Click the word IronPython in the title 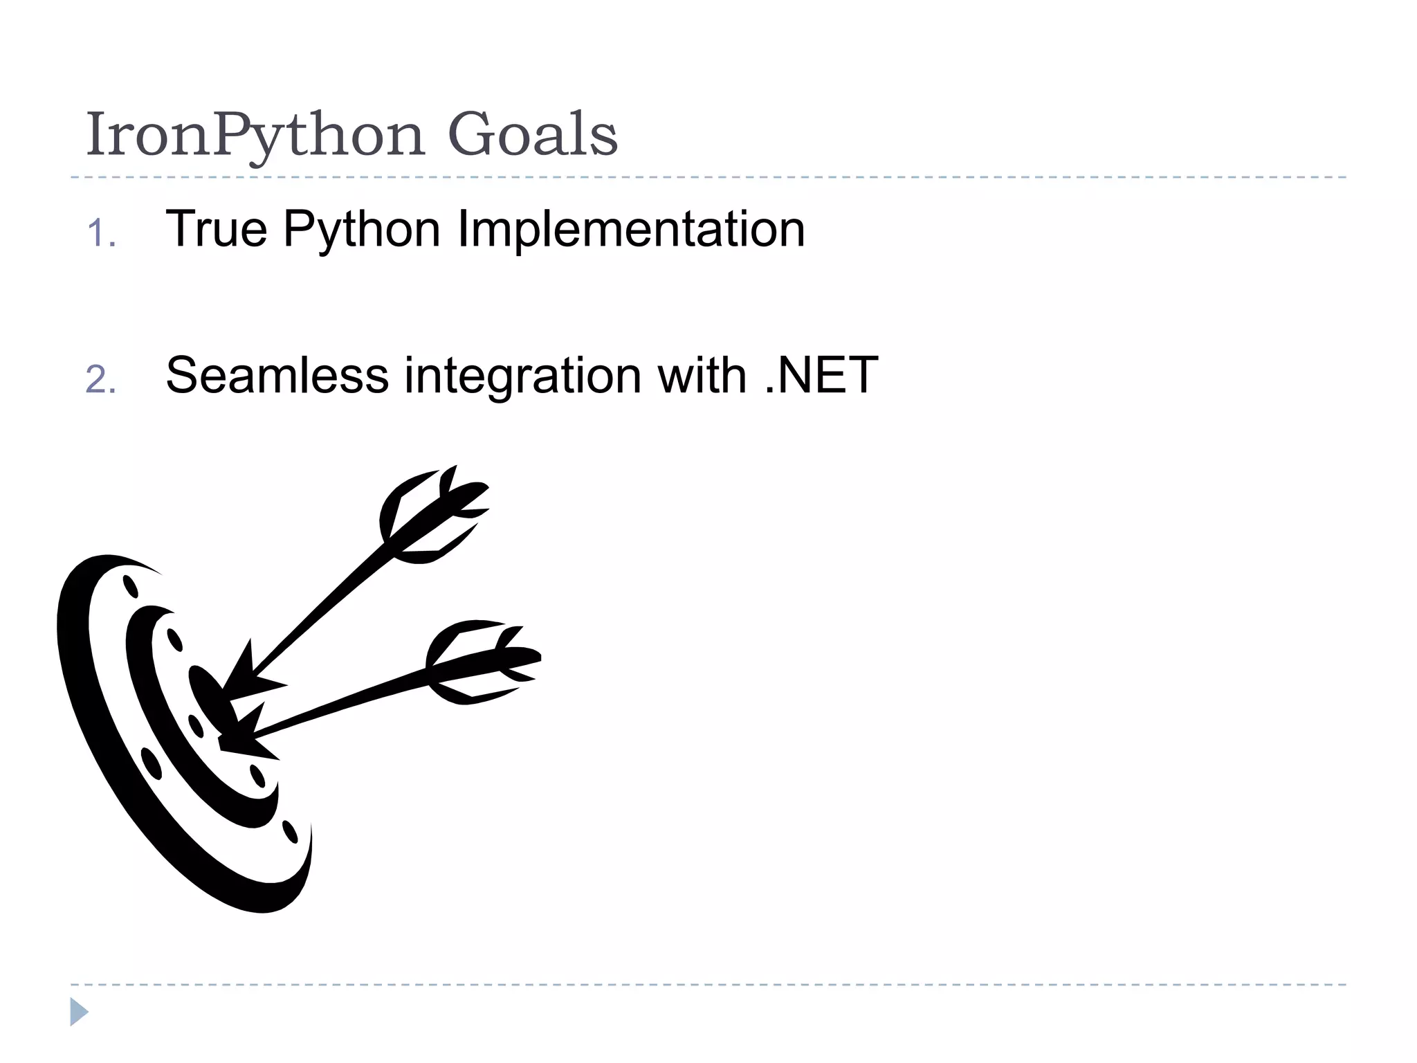pyautogui.click(x=254, y=136)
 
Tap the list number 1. pyautogui.click(x=101, y=233)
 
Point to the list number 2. pyautogui.click(x=101, y=380)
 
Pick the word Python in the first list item pyautogui.click(x=361, y=230)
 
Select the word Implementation pyautogui.click(x=631, y=230)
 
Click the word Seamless pyautogui.click(x=277, y=376)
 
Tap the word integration pyautogui.click(x=522, y=377)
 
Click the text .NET pyautogui.click(x=821, y=376)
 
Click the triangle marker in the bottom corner pyautogui.click(x=79, y=1012)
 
